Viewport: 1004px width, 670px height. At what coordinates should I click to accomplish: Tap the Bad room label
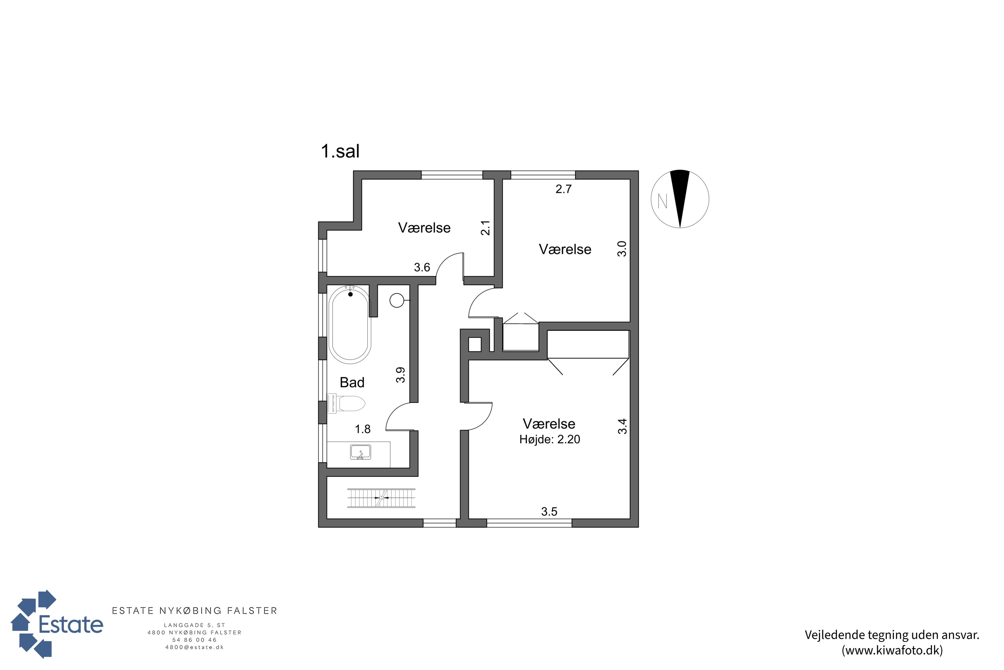coord(352,383)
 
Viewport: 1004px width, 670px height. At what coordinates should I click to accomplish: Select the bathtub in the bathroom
coord(350,324)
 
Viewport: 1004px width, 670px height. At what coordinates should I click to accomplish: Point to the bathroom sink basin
coord(360,452)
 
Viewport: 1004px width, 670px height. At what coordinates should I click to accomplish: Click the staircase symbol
coord(381,498)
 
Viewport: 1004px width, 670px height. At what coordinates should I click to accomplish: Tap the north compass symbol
coord(680,199)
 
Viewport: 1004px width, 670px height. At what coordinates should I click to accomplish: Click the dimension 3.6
coord(422,267)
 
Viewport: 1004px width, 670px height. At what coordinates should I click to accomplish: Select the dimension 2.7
coord(564,189)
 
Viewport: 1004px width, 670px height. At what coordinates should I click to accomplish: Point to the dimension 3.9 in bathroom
coord(400,375)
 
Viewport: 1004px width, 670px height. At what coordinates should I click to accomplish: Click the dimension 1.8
coord(363,429)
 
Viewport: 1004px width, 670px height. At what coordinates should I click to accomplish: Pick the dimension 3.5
coord(550,512)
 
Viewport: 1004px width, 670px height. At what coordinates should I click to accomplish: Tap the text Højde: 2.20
coord(550,439)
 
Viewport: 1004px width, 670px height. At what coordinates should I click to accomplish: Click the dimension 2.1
coord(485,228)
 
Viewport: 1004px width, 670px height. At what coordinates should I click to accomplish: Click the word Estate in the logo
coord(71,624)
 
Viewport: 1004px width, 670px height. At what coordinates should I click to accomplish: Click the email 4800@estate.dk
coord(195,647)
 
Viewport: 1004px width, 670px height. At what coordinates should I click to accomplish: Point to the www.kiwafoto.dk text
coord(892,650)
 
